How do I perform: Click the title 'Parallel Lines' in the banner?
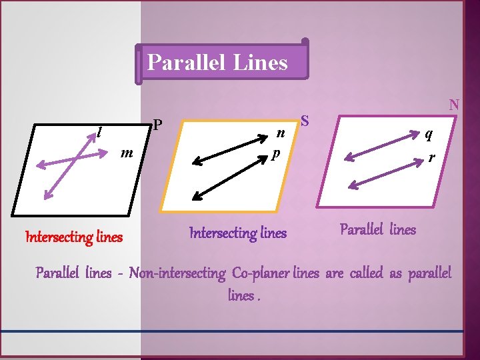click(x=217, y=63)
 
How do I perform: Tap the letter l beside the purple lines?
click(x=99, y=132)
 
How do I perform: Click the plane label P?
click(x=157, y=125)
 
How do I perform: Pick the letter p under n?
click(x=275, y=153)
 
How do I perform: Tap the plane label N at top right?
click(x=454, y=105)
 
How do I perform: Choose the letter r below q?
click(x=433, y=158)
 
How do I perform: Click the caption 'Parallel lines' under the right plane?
click(x=377, y=230)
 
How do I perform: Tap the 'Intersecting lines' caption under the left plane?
click(x=73, y=237)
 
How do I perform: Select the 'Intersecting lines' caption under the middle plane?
click(x=238, y=233)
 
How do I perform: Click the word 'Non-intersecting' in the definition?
click(x=177, y=273)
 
